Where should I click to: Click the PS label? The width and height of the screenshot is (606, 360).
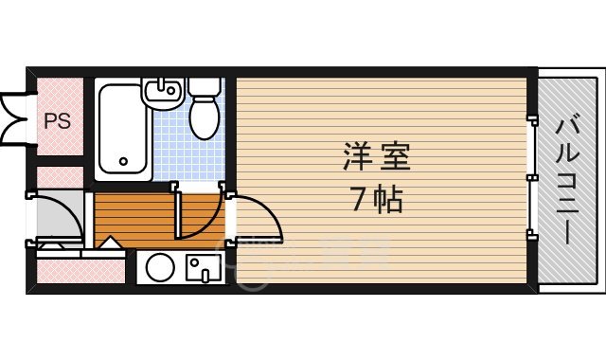57,120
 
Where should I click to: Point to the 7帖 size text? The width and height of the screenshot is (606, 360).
376,201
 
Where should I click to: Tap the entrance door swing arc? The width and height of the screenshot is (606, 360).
57,218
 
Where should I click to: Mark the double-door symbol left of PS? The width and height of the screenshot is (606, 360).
15,115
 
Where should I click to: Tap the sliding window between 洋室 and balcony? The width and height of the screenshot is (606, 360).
532,178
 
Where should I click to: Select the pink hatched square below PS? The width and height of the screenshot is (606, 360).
60,177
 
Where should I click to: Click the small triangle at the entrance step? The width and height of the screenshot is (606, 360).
110,243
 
